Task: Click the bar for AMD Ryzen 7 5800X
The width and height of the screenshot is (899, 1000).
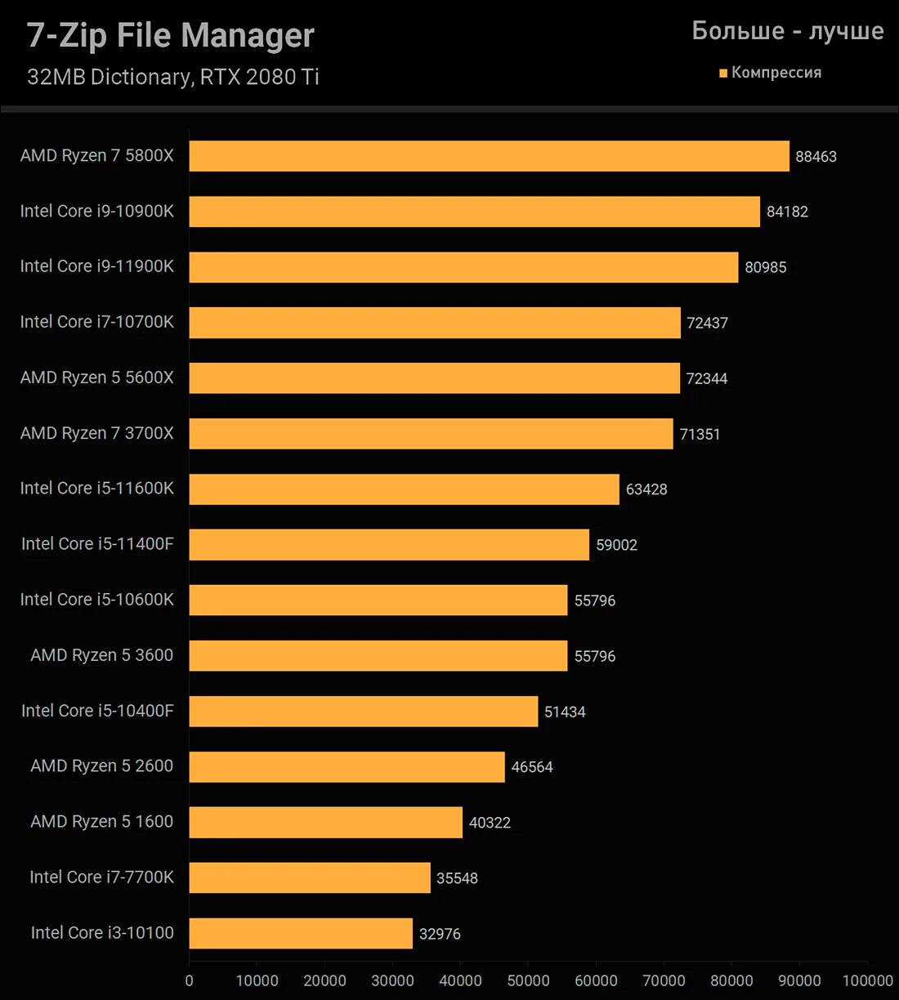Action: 489,156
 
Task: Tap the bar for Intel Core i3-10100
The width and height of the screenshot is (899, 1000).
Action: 301,933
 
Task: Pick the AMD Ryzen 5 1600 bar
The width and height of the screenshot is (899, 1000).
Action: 325,822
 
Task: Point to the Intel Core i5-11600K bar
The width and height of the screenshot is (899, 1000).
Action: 404,489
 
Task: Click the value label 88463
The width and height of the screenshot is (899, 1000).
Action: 816,157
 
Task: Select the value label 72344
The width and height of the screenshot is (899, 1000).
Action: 707,378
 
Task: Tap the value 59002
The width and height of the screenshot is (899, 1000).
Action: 616,545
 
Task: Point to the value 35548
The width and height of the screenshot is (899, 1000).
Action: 457,878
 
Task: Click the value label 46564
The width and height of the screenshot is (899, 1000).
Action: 532,767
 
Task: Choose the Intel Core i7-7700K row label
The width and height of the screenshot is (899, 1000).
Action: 101,877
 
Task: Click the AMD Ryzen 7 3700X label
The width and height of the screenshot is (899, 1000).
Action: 96,433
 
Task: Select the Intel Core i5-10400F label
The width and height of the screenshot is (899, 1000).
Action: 97,711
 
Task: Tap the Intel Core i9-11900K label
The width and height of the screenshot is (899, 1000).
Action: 96,266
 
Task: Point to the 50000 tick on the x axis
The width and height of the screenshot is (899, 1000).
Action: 528,980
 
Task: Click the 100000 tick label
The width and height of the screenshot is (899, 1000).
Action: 867,980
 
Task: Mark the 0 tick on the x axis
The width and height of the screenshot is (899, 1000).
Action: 190,980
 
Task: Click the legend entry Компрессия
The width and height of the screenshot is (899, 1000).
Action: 776,73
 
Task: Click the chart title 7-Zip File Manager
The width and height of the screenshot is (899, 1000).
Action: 171,36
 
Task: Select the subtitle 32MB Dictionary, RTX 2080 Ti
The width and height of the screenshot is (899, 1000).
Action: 172,77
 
